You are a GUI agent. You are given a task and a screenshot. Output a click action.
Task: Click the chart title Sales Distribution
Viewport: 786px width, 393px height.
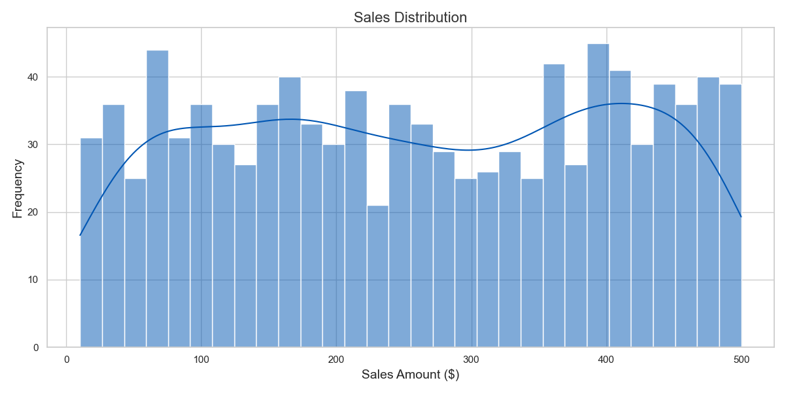(410, 18)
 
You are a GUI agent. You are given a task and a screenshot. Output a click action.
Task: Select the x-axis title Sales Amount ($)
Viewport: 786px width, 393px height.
(410, 375)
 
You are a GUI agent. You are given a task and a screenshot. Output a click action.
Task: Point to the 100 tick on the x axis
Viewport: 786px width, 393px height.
(201, 360)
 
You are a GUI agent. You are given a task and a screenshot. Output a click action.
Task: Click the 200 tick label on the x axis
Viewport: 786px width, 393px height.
(336, 360)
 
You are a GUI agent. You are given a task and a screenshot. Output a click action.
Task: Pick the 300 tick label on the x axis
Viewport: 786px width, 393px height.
(471, 360)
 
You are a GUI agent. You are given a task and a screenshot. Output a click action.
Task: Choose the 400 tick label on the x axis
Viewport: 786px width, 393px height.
(606, 360)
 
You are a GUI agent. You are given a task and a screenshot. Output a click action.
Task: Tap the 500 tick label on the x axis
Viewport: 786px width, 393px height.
(741, 360)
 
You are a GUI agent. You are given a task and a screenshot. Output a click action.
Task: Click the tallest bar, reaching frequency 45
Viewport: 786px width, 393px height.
(598, 196)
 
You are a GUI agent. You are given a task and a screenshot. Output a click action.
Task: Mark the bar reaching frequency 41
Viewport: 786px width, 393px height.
(620, 210)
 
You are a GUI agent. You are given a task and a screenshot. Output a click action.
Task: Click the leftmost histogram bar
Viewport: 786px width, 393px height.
(91, 242)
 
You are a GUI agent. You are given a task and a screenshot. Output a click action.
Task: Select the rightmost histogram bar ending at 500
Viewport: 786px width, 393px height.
(730, 216)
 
